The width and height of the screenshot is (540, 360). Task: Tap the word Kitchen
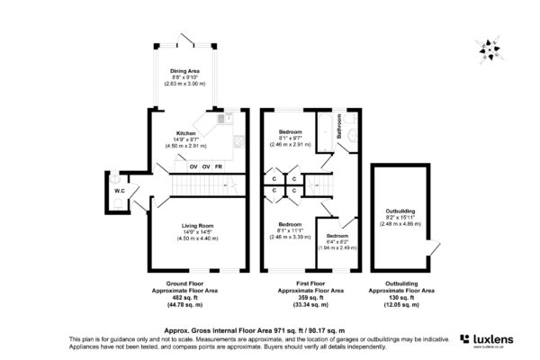pyautogui.click(x=185, y=132)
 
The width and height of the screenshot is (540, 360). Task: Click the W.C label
pyautogui.click(x=119, y=191)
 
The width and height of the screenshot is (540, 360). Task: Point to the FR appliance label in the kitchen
pyautogui.click(x=219, y=167)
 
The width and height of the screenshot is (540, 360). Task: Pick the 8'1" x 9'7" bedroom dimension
pyautogui.click(x=290, y=139)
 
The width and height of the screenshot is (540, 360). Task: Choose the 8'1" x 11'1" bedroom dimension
pyautogui.click(x=290, y=229)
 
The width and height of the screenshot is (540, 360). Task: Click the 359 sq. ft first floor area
pyautogui.click(x=310, y=298)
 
